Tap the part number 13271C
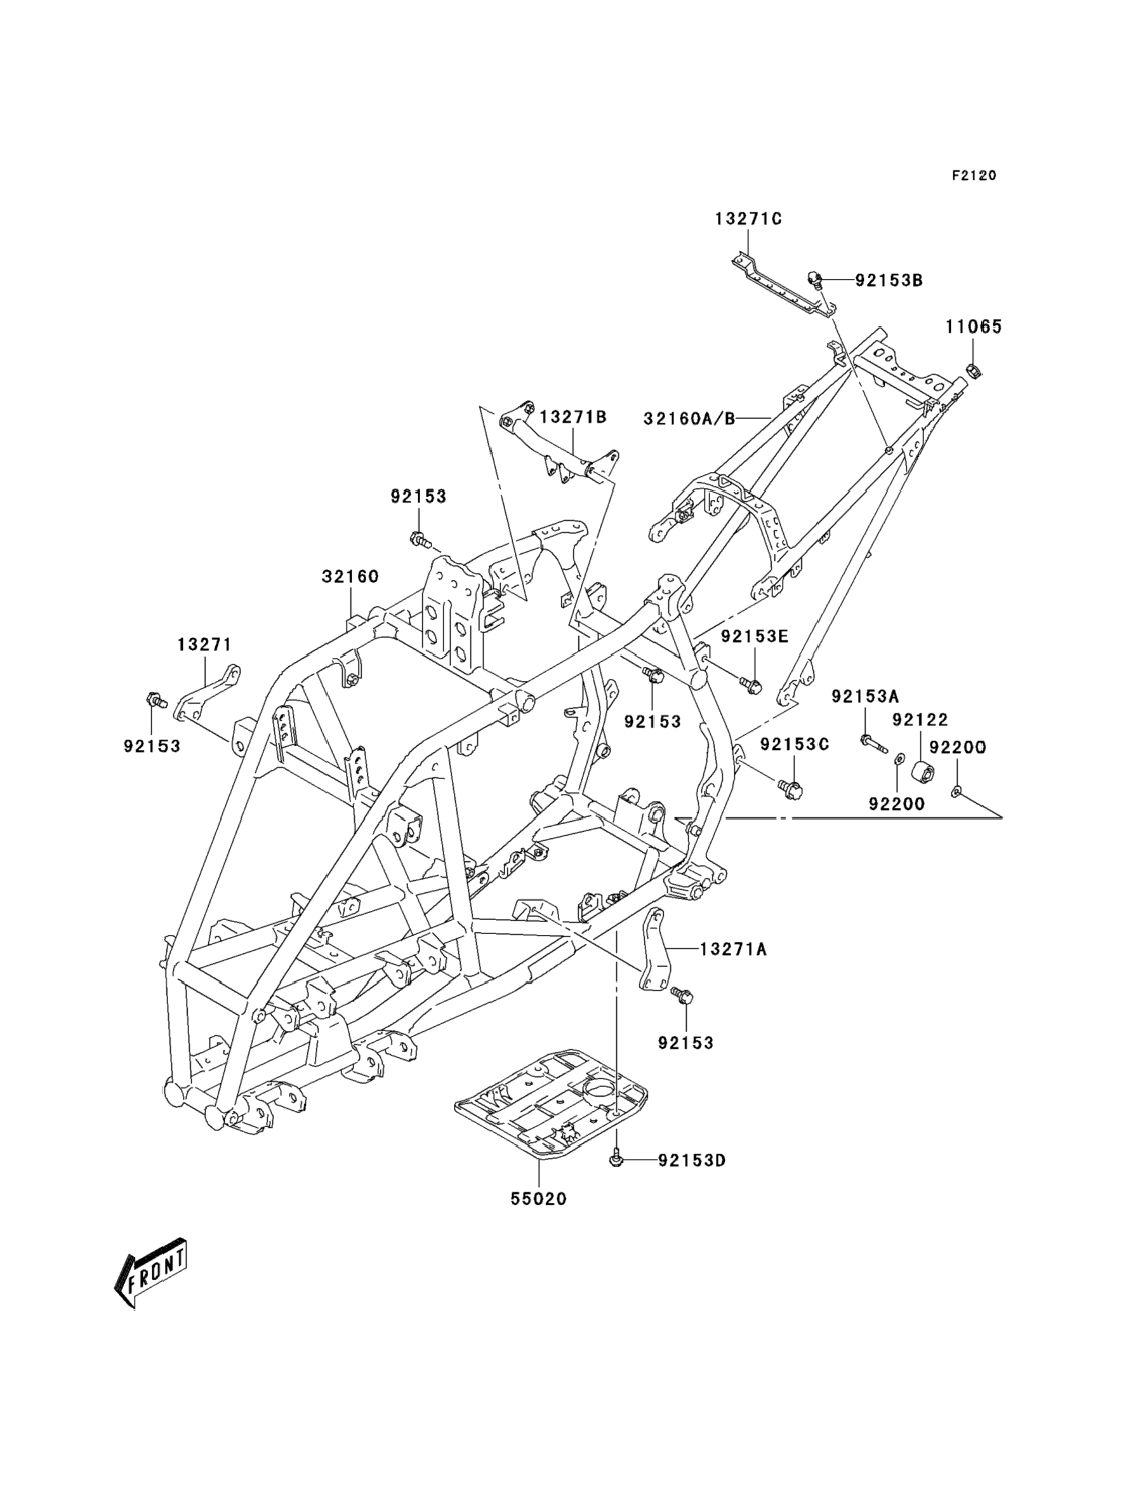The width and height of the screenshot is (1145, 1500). click(x=748, y=219)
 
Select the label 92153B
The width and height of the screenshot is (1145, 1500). click(x=889, y=281)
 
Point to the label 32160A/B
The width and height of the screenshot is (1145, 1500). click(x=689, y=419)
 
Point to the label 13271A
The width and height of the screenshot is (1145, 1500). click(x=733, y=949)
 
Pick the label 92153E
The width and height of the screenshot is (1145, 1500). click(x=755, y=636)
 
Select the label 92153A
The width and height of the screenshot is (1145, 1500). click(x=865, y=696)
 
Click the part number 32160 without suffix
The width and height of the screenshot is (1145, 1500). click(x=350, y=577)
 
